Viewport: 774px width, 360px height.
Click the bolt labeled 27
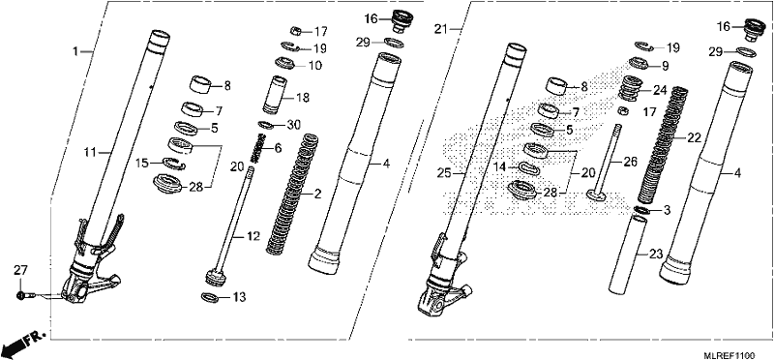pyautogui.click(x=23, y=296)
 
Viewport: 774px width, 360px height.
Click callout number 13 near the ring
pyautogui.click(x=239, y=297)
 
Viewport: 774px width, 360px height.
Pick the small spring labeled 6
pyautogui.click(x=256, y=149)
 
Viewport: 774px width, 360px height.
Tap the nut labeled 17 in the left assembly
pyautogui.click(x=296, y=32)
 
